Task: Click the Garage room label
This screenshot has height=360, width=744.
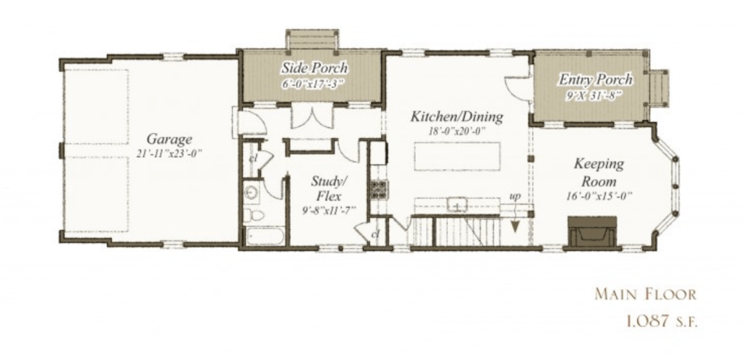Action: tap(169, 139)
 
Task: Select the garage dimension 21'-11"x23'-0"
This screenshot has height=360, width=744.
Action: tap(169, 153)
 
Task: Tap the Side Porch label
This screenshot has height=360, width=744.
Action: tap(315, 68)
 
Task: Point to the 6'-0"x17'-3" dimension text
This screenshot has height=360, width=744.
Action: tap(313, 82)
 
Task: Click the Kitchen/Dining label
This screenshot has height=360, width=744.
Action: tap(457, 116)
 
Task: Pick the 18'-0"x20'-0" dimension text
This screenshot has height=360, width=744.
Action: tap(457, 132)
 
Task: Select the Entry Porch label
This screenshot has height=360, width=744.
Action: tap(596, 79)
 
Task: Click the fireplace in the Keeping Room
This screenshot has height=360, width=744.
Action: tap(592, 231)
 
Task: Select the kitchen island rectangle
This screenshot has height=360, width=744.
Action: tap(457, 156)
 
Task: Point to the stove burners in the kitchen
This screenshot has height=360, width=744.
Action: tap(379, 189)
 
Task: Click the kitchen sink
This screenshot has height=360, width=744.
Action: tap(457, 205)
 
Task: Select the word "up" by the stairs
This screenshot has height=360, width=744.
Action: tap(515, 196)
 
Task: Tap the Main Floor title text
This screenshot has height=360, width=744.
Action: tap(645, 294)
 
